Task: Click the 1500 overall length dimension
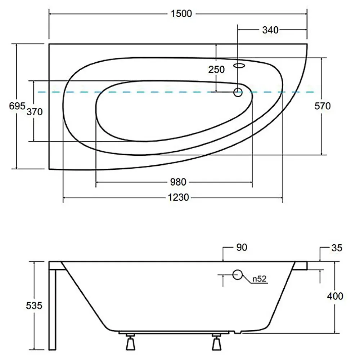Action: (x=181, y=14)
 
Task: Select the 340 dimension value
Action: (x=270, y=30)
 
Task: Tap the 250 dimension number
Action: (x=216, y=70)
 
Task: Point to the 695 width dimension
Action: (x=17, y=106)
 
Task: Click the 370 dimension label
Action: (x=35, y=112)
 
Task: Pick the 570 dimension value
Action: (x=323, y=106)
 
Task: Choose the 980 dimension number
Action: (x=178, y=182)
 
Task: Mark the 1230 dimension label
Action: (x=178, y=197)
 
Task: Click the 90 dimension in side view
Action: (x=242, y=248)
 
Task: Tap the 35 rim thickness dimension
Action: (x=337, y=248)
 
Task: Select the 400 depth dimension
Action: (x=335, y=296)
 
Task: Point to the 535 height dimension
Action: (x=34, y=306)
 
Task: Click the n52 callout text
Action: (x=259, y=279)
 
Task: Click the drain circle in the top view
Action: (x=238, y=92)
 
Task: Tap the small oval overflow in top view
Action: (x=239, y=66)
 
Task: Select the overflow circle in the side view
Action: (x=238, y=275)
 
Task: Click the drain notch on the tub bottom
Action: (x=238, y=332)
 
